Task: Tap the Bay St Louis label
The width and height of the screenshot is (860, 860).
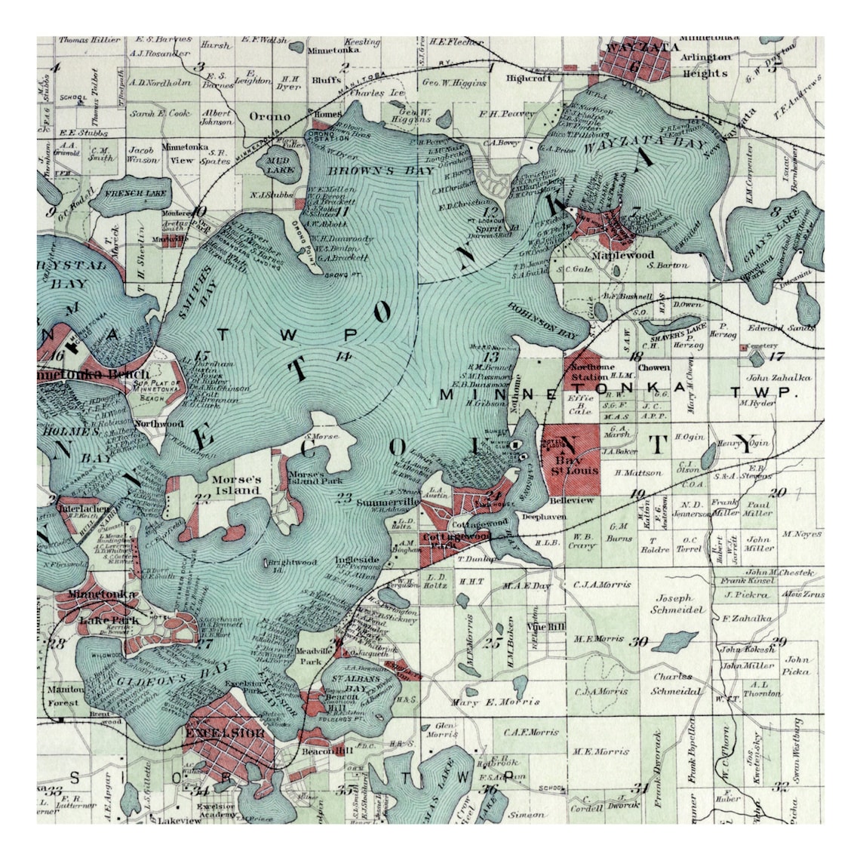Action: (576, 463)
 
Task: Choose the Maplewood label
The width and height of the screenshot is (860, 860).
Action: (622, 255)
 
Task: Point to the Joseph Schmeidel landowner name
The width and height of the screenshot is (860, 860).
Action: (677, 604)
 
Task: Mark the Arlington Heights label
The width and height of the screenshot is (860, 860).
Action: (705, 66)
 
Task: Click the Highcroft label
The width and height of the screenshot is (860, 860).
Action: (529, 77)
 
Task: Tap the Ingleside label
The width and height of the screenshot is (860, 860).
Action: (358, 560)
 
